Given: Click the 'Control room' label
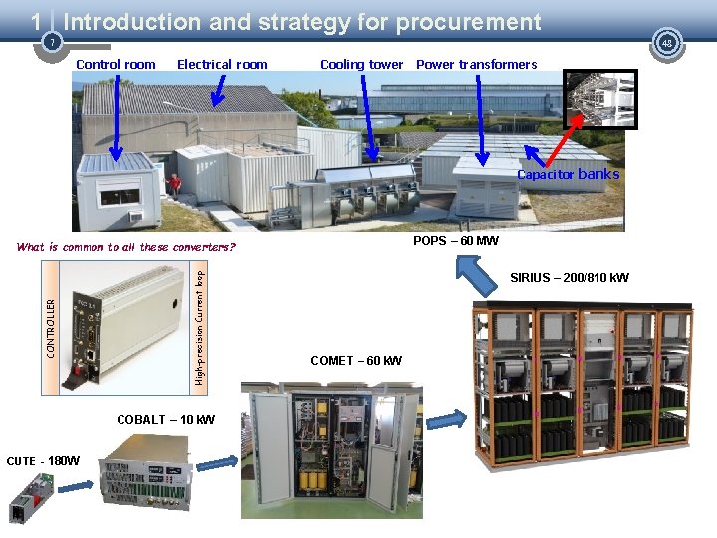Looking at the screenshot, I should click(x=116, y=65).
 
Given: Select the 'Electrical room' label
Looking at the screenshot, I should click(x=222, y=65).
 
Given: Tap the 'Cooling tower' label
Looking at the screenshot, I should click(x=361, y=65).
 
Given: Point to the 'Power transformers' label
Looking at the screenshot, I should click(x=476, y=65).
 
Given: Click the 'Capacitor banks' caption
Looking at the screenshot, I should click(x=568, y=175).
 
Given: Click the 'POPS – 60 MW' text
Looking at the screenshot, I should click(x=456, y=241).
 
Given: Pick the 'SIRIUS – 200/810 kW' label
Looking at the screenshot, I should click(x=570, y=277).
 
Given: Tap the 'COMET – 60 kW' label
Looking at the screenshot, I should click(x=356, y=361).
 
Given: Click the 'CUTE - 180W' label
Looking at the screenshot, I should click(x=43, y=461).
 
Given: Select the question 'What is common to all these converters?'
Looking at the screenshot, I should click(x=126, y=247).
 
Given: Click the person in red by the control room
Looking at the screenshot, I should click(x=175, y=185).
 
